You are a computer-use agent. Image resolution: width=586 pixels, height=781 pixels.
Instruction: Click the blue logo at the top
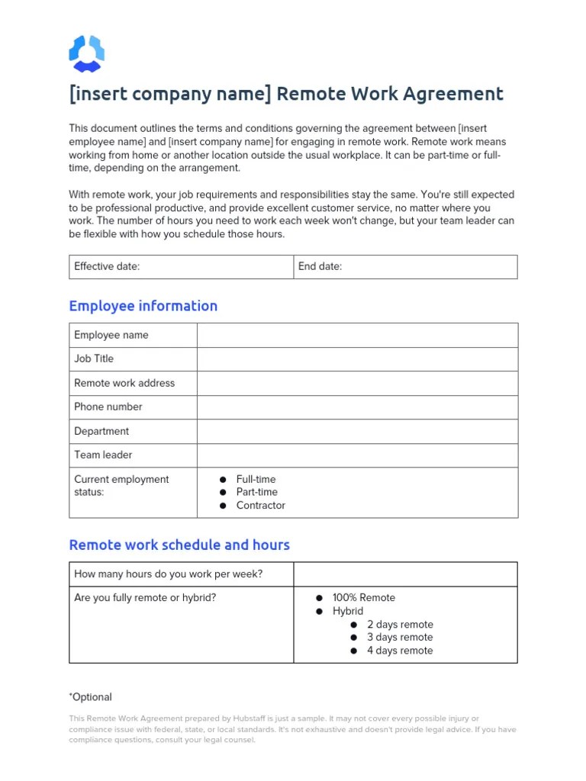point(86,53)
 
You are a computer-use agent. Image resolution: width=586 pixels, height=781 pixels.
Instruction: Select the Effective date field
point(181,267)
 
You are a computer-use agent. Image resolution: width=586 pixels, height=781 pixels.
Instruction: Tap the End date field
point(405,267)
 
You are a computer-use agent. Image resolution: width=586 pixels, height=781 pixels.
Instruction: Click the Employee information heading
point(143,306)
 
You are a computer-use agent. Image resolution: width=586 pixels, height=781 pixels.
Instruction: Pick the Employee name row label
point(111,335)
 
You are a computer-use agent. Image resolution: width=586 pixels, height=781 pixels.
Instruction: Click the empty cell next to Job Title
point(357,358)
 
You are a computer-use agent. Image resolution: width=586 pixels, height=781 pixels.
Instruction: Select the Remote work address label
point(124,383)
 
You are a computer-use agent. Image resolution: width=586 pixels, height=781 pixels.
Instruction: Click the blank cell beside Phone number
point(357,407)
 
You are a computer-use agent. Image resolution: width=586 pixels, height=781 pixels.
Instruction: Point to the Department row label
point(101,431)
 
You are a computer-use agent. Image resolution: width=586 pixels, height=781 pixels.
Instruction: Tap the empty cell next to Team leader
point(357,455)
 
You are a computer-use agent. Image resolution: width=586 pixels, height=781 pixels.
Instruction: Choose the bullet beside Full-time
point(223,480)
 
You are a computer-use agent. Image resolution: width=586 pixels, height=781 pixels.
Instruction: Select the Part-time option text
point(257,492)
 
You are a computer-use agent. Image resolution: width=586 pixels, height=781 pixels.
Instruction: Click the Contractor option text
point(261,505)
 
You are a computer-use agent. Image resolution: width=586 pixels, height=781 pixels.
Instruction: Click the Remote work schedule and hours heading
point(179,545)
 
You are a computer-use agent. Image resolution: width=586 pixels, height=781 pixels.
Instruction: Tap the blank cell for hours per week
point(405,574)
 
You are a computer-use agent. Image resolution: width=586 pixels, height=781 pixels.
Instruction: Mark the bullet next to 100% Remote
point(320,598)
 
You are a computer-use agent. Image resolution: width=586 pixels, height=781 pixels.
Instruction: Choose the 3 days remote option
point(399,637)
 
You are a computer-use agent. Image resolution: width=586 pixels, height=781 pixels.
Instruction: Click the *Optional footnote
point(91,697)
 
